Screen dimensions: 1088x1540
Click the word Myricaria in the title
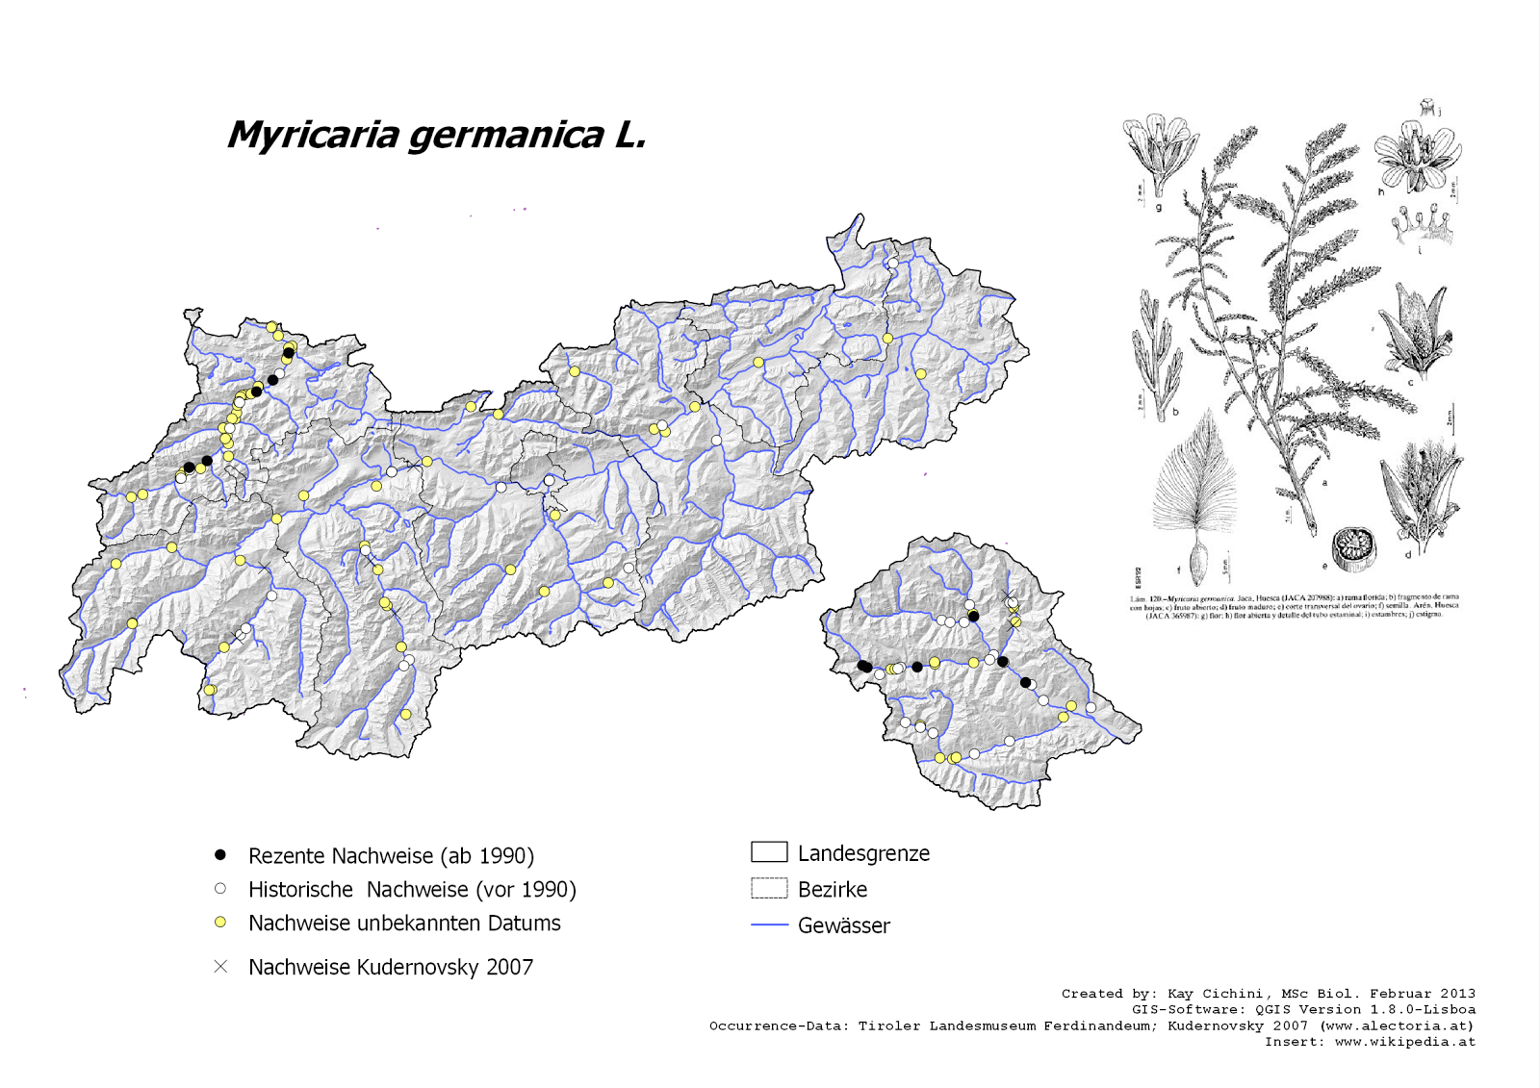pos(314,136)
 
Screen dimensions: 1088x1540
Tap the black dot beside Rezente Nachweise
pos(220,854)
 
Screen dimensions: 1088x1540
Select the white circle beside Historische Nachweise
pos(220,889)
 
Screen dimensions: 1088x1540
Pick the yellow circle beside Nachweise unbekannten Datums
pos(220,923)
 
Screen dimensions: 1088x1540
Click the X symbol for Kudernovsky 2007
pos(220,966)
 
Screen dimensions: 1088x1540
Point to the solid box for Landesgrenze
pos(769,851)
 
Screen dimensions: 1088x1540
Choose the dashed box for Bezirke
pos(769,888)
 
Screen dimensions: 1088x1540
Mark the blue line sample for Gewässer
pos(769,924)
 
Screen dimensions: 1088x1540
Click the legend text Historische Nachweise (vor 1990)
pos(412,890)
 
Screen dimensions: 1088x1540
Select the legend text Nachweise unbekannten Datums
pos(404,924)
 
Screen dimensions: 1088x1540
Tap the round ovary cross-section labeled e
pos(1353,549)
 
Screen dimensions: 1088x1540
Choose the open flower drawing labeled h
pos(1416,154)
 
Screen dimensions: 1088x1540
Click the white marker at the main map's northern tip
pos(893,263)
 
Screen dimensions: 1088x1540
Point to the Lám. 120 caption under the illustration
pos(1294,606)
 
